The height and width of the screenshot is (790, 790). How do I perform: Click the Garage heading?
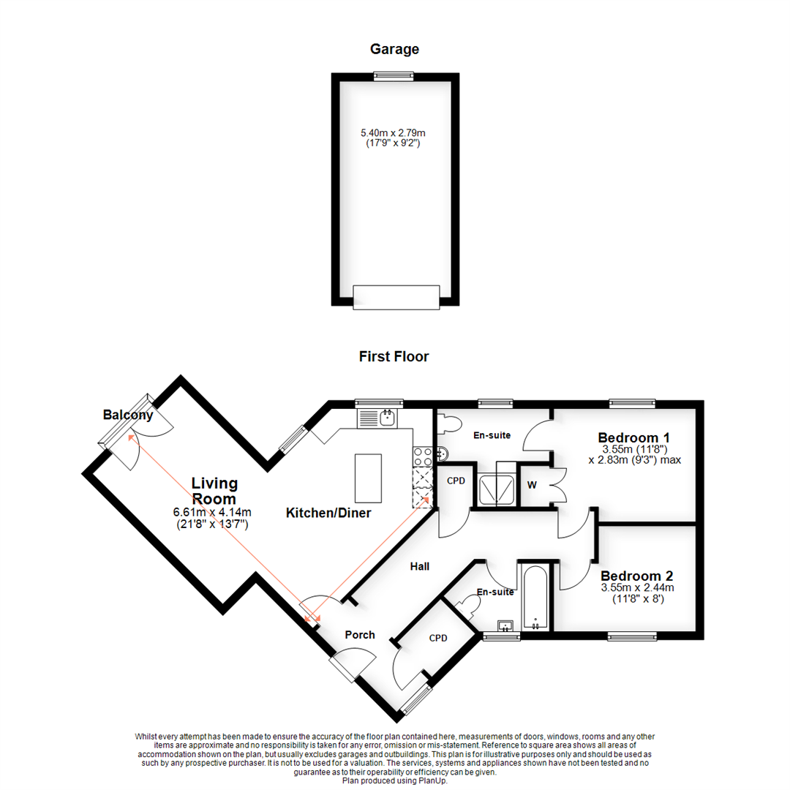(394, 50)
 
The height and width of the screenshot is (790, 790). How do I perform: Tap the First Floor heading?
(394, 357)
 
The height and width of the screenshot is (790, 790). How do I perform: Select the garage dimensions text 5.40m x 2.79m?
(394, 133)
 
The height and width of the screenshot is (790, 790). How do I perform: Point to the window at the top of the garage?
(394, 75)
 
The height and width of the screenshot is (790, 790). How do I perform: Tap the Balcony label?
(128, 415)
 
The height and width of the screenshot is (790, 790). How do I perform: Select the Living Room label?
(214, 490)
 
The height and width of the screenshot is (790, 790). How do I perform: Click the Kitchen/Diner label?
(328, 513)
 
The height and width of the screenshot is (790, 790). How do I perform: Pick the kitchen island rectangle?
(369, 475)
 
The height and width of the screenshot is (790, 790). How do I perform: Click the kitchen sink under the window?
(387, 418)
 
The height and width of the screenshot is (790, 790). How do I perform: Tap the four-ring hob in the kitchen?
(423, 456)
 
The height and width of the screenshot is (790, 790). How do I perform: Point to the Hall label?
(419, 566)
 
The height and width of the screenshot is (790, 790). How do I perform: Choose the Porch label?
(361, 634)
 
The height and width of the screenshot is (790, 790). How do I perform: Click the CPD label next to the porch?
(437, 638)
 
